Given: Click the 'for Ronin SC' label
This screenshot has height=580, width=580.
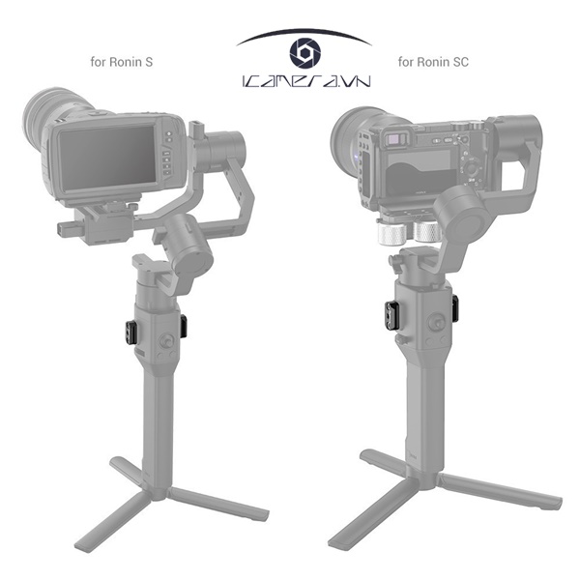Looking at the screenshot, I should pyautogui.click(x=434, y=63).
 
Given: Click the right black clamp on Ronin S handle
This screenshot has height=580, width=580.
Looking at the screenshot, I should pyautogui.click(x=183, y=326).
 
